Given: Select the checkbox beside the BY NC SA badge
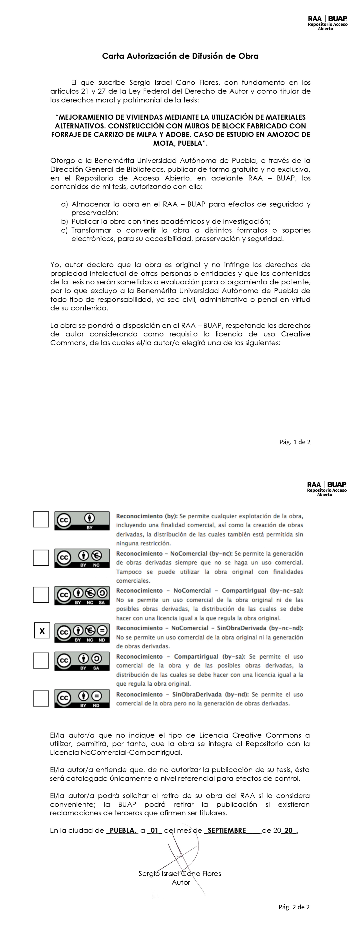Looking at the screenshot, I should pyautogui.click(x=41, y=595).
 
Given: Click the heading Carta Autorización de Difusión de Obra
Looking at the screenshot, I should pyautogui.click(x=180, y=56).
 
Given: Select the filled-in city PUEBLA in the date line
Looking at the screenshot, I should pyautogui.click(x=122, y=830).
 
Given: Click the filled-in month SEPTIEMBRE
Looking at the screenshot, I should pyautogui.click(x=227, y=830).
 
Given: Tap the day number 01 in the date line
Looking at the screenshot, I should pyautogui.click(x=154, y=830).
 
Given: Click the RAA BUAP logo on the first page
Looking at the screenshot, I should pyautogui.click(x=327, y=23).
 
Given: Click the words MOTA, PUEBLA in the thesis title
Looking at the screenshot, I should pyautogui.click(x=180, y=143).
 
